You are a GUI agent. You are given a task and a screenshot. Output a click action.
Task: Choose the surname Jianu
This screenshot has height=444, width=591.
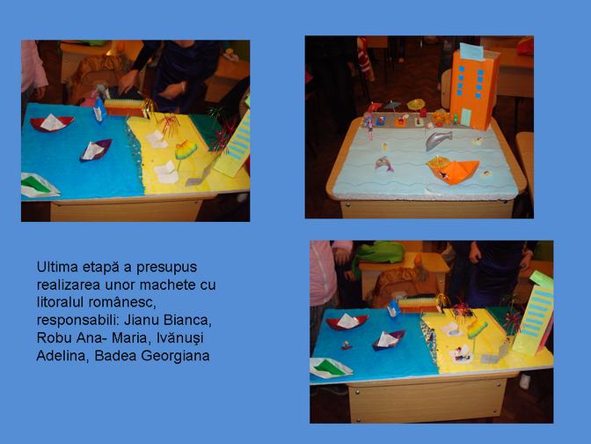point(141,320)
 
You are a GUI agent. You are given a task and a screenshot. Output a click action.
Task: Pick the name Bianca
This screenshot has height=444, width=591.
point(187,321)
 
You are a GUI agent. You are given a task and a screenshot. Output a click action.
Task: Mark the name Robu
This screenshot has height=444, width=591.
point(54,337)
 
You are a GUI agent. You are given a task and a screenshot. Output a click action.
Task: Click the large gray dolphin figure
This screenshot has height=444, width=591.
point(438,139)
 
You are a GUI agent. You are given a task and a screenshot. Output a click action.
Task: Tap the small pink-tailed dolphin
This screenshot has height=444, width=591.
point(383,164)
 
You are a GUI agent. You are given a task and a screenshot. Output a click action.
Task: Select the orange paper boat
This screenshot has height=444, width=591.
point(454,171)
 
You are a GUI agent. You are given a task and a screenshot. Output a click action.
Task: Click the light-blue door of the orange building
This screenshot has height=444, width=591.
point(466,117)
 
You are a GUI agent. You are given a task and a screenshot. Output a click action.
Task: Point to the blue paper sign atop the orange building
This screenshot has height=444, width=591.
point(472,51)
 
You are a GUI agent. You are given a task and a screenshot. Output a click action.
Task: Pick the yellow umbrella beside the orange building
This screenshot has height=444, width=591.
point(416,104)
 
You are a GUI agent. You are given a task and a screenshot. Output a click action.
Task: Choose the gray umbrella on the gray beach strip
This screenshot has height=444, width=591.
point(392,105)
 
